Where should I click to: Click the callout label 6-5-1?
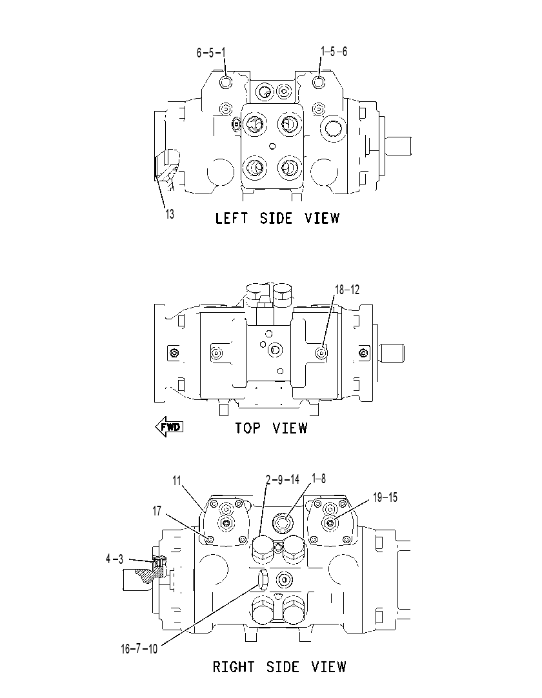point(211,53)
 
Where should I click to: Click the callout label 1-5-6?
point(334,52)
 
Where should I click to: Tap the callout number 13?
point(170,214)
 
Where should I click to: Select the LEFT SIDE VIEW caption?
point(277,218)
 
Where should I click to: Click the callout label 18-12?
point(347,290)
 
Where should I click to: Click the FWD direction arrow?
point(169,427)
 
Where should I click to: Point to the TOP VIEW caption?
point(271,428)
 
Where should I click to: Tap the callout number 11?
point(177,481)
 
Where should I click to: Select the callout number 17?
point(157,511)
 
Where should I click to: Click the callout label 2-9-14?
point(283,479)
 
